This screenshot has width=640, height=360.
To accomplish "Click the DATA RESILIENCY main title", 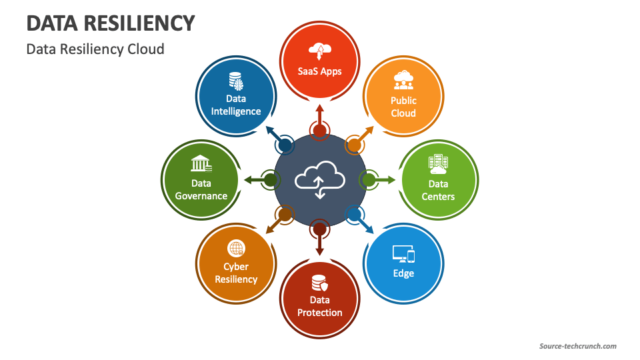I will [x=111, y=23].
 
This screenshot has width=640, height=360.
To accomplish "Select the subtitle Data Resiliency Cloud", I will [x=95, y=49].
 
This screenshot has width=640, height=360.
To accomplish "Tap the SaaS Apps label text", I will [x=320, y=71].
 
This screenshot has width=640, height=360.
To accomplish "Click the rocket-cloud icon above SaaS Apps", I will [x=320, y=51].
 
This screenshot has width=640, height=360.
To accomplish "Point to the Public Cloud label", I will [x=403, y=107].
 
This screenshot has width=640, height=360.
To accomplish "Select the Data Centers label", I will [x=438, y=190].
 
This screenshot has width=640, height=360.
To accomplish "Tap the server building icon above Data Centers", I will [x=438, y=164].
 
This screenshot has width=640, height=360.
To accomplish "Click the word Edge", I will [x=403, y=273].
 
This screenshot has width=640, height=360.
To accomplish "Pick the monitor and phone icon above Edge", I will [x=403, y=254].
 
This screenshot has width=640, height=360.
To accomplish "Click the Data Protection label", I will [x=320, y=306].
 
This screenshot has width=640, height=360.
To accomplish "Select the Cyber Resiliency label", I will [x=236, y=273].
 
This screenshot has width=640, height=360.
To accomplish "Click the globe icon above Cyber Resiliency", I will [x=236, y=249].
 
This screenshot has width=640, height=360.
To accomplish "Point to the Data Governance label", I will [x=201, y=189].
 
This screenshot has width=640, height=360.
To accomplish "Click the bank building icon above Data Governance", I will [x=201, y=164].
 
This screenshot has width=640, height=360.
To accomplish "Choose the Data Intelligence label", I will [x=236, y=105].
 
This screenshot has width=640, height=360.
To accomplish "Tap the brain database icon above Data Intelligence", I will [x=236, y=81].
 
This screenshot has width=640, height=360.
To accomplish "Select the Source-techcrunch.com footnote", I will [x=577, y=346].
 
